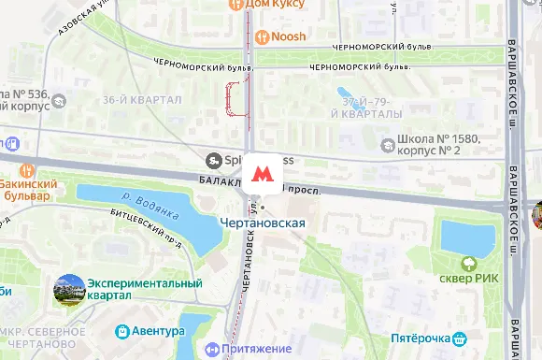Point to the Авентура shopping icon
(x=121, y=331)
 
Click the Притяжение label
(x=259, y=349)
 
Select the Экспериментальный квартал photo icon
(x=69, y=289)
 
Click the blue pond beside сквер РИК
(x=464, y=238)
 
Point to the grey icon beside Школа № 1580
(x=389, y=144)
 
